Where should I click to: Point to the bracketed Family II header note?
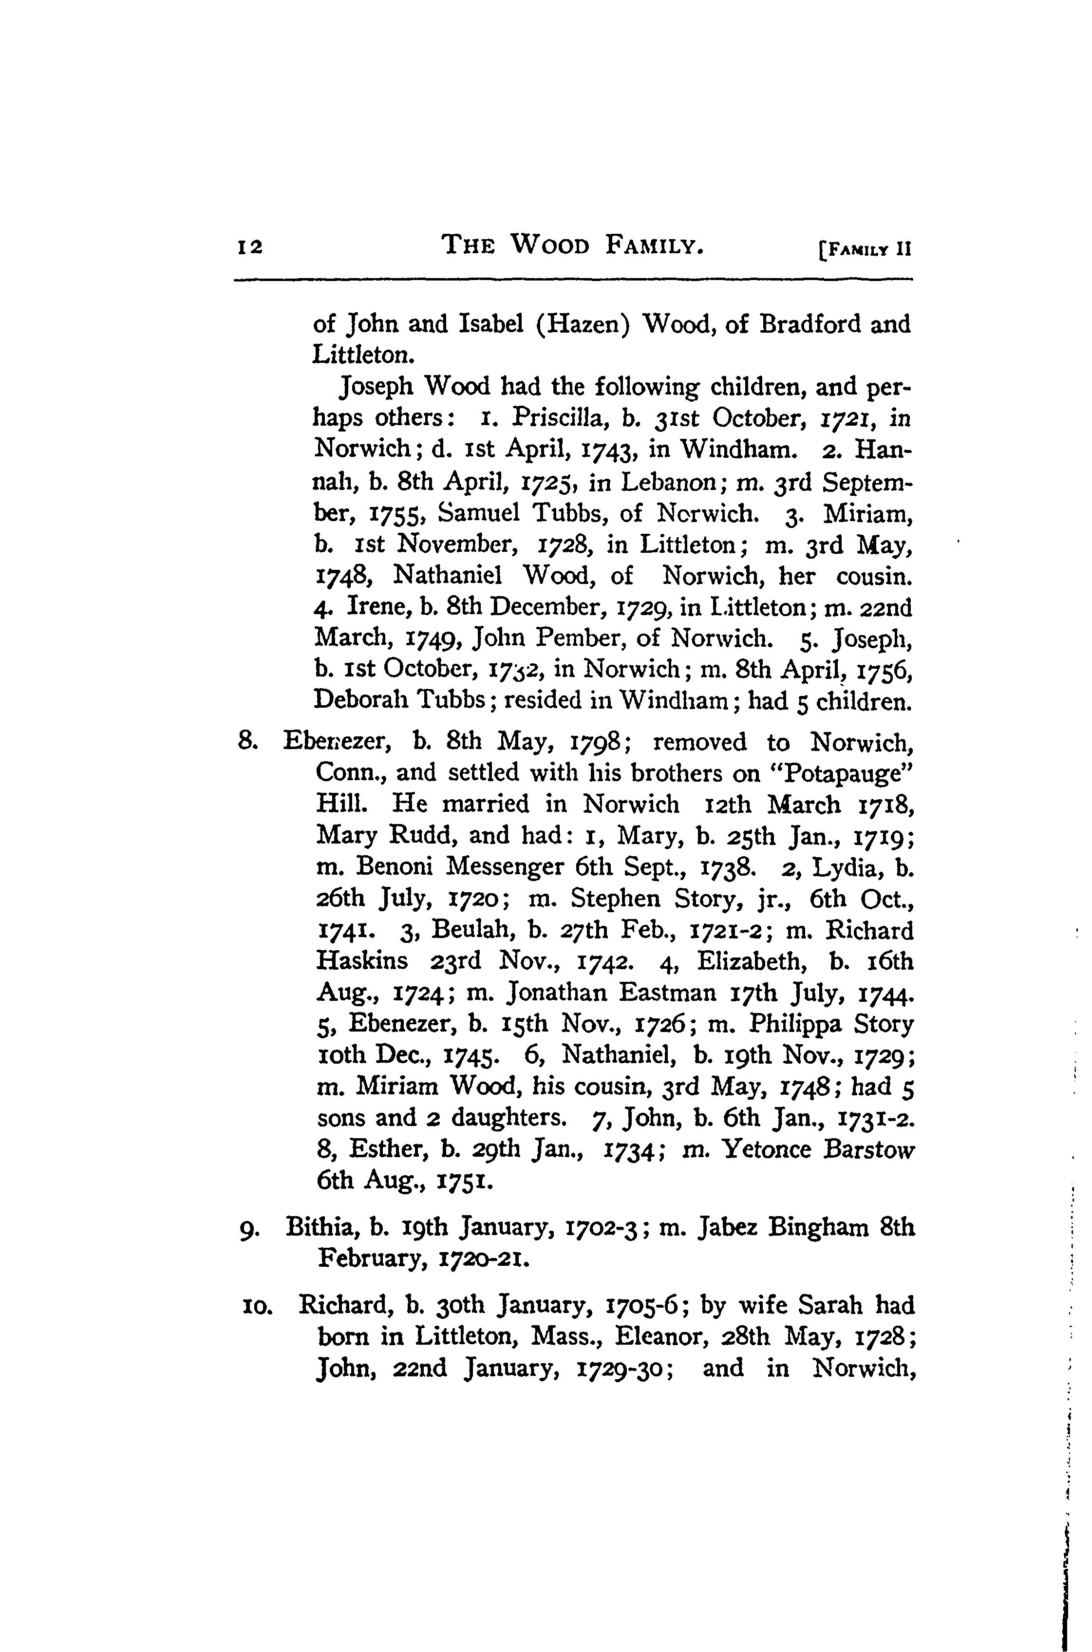[x=865, y=248]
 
